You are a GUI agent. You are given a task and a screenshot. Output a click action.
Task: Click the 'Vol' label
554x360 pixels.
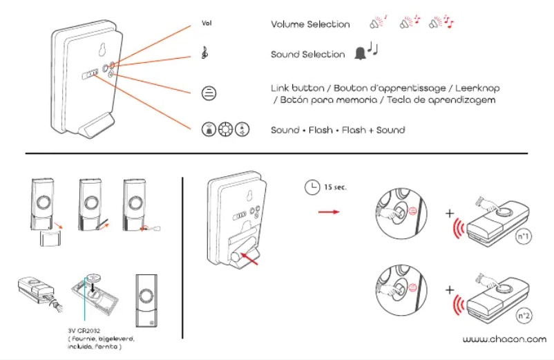206,23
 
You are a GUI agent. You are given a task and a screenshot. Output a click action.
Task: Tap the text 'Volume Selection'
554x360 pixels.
310,24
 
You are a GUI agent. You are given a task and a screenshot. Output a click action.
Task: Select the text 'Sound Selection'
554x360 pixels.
307,54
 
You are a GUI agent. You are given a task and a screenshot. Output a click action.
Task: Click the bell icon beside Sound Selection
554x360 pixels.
359,53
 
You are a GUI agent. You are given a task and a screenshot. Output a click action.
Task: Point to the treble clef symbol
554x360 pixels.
205,53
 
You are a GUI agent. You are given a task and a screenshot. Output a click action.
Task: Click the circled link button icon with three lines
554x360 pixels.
207,93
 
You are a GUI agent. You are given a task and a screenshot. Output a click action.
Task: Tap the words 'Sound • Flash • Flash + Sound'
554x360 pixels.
337,129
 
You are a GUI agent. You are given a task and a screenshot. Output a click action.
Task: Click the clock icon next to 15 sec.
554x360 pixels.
312,187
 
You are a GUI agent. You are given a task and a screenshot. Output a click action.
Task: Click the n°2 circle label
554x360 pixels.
524,315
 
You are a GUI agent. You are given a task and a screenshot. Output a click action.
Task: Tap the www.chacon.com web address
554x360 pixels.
504,339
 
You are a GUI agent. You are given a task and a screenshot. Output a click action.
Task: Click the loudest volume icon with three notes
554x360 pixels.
440,23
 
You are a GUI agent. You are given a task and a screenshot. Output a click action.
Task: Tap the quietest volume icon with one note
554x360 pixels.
378,23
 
